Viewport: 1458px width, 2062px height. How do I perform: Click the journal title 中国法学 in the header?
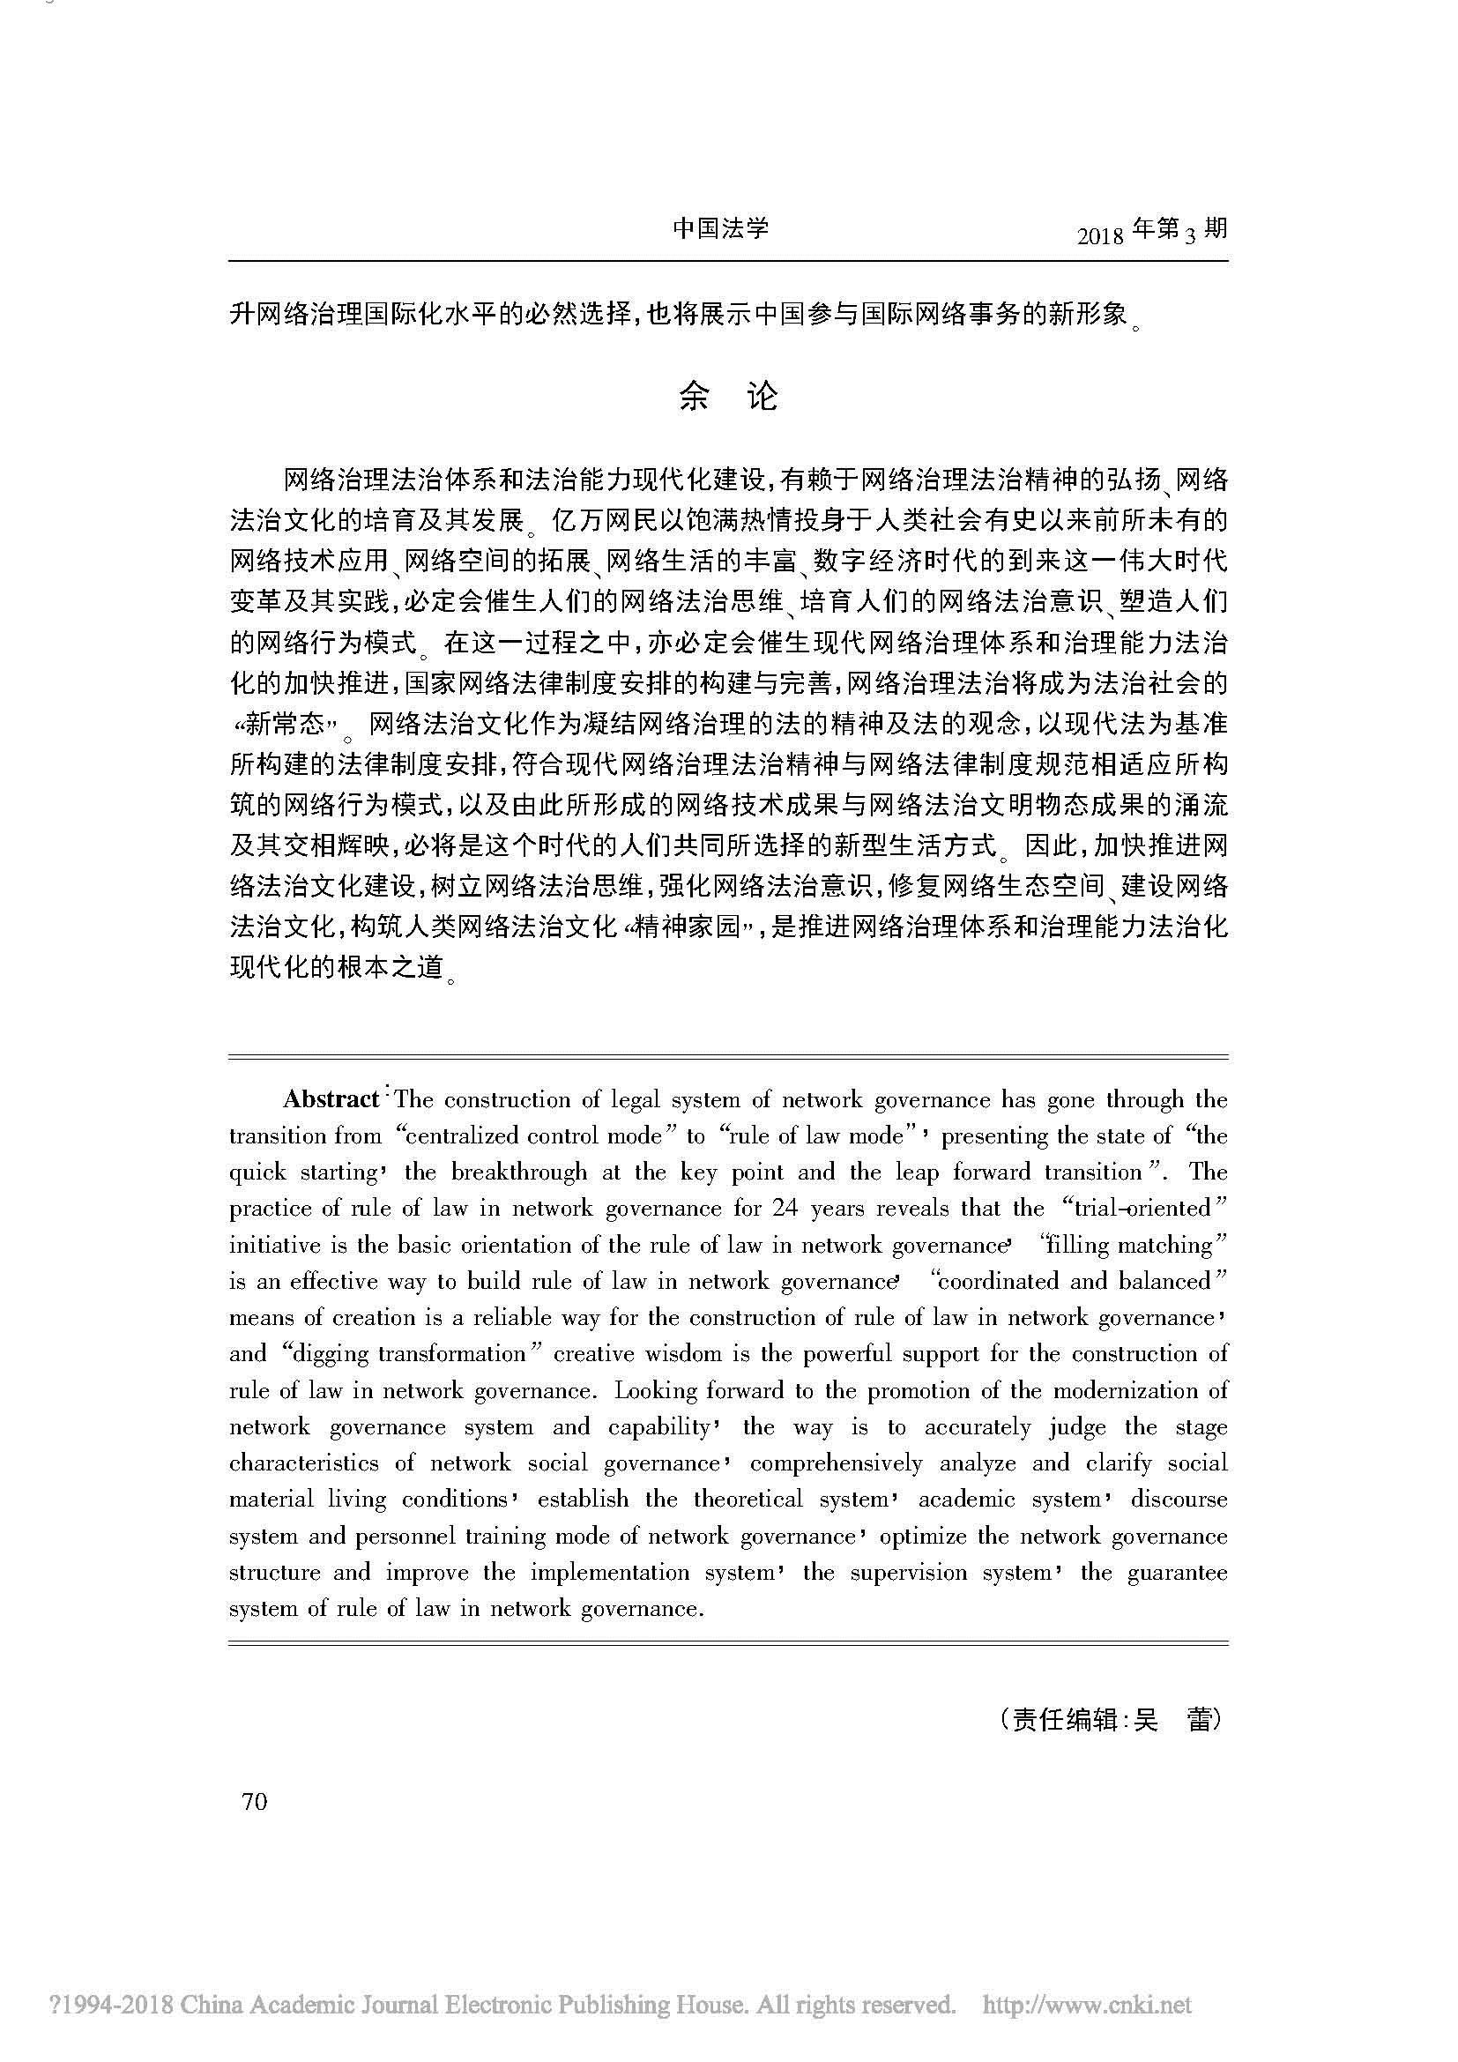pyautogui.click(x=720, y=228)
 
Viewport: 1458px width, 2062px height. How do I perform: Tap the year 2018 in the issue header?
pyautogui.click(x=1101, y=236)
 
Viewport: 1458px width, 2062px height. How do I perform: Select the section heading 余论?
pyautogui.click(x=728, y=396)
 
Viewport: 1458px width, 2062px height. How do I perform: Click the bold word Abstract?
pyautogui.click(x=331, y=1099)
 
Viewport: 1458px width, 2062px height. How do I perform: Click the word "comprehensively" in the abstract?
pyautogui.click(x=836, y=1464)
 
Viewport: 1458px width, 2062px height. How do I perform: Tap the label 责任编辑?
pyautogui.click(x=1065, y=1719)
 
